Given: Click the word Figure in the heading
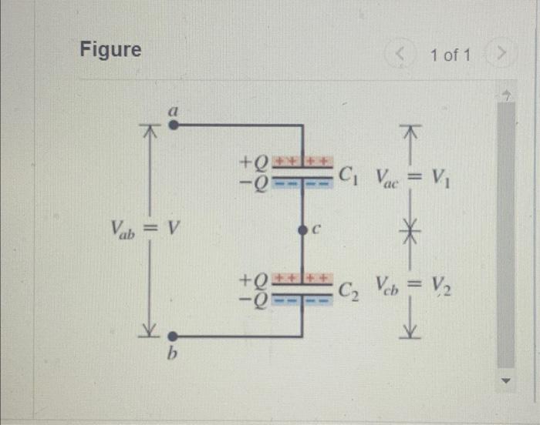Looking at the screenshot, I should point(111,50).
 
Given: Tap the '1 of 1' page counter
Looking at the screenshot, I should point(451,55).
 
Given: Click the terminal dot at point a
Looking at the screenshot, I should point(174,124).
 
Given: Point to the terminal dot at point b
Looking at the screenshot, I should point(174,336).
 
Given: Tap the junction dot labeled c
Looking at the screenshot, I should point(302,229).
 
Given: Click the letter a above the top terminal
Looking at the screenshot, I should point(174,111).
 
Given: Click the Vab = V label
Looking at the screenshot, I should point(145,229).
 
